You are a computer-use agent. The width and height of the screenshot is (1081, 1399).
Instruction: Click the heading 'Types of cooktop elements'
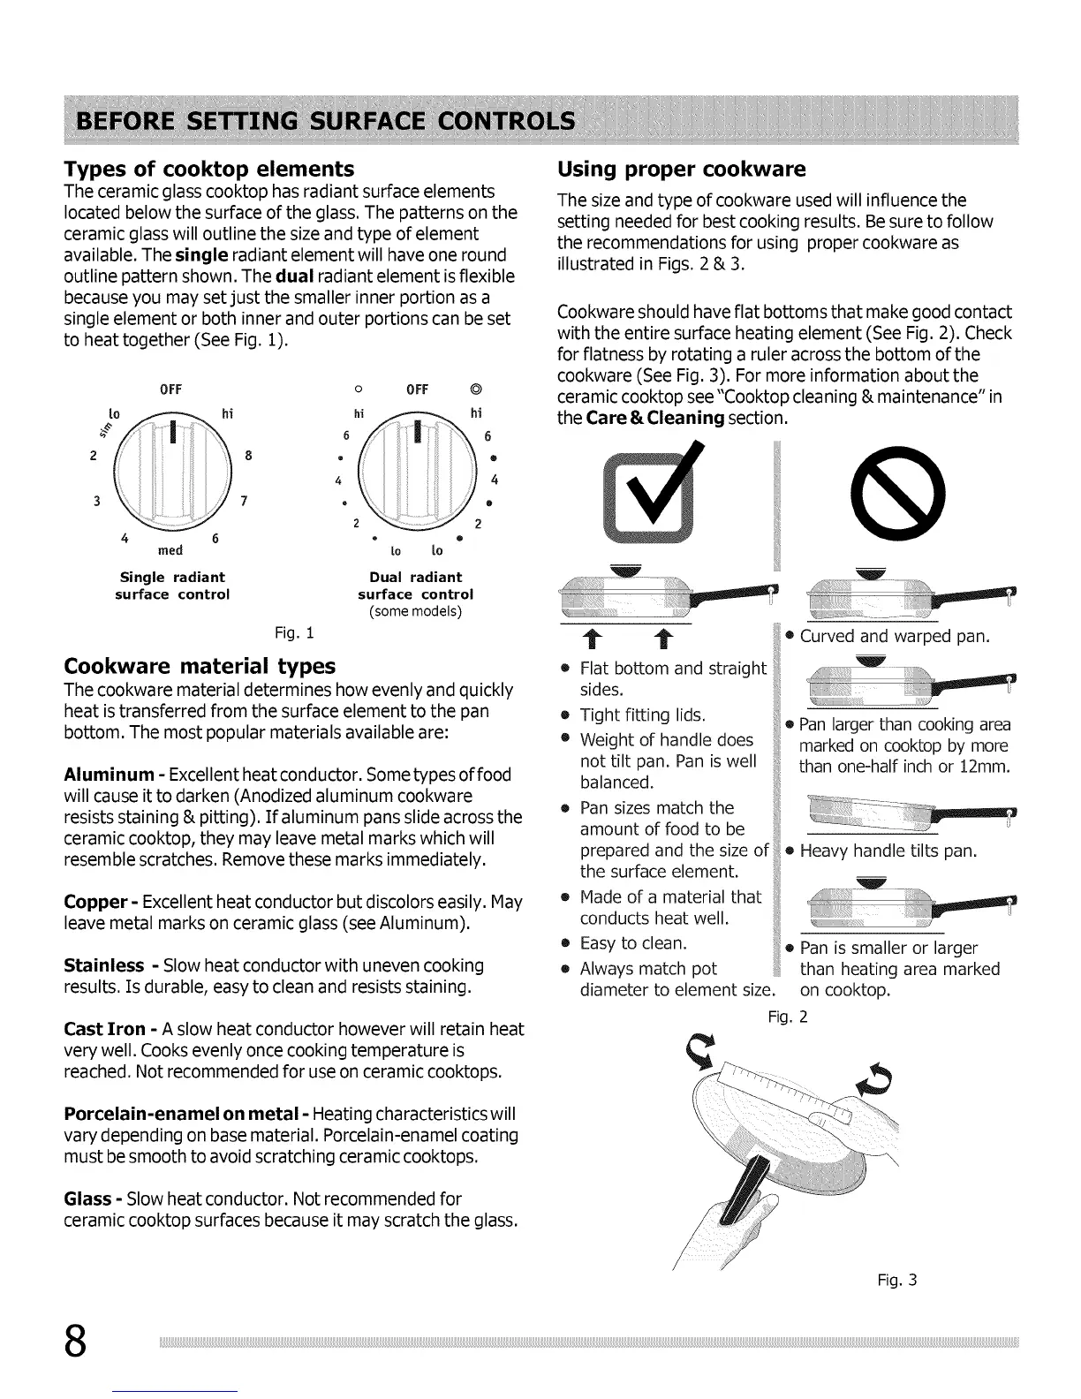(209, 169)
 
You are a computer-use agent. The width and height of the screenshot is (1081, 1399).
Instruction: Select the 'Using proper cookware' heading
(681, 169)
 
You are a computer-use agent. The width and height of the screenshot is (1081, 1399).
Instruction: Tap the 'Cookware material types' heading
(200, 665)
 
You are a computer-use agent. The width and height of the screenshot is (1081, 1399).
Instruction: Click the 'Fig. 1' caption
(294, 633)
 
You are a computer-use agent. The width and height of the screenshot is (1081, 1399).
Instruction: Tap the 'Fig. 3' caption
(897, 1279)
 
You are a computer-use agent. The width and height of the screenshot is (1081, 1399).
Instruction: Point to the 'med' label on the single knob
(170, 551)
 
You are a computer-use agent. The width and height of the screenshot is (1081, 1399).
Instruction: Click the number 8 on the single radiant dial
(248, 457)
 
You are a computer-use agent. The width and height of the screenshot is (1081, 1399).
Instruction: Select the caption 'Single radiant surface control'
(172, 586)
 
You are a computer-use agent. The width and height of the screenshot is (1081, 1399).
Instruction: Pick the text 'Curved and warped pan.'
(895, 637)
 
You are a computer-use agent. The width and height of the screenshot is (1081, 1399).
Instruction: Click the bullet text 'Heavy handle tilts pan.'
(888, 851)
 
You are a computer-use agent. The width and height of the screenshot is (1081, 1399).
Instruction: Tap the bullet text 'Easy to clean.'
(633, 943)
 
